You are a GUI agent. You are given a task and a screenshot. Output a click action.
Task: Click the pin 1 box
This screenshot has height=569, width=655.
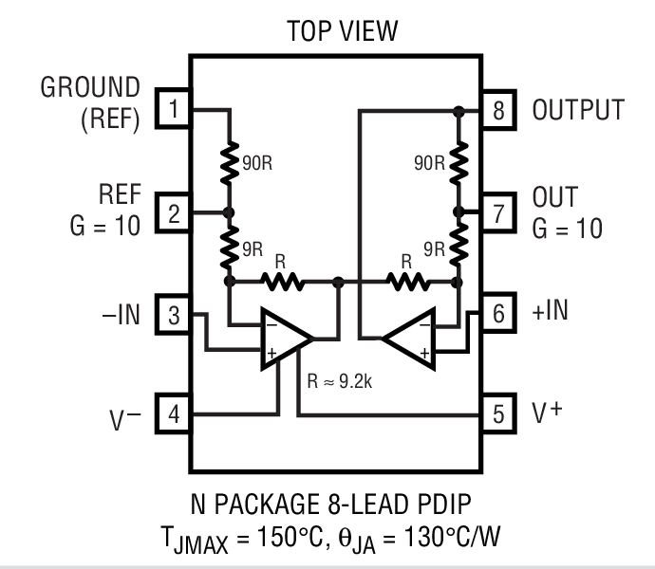coord(173,110)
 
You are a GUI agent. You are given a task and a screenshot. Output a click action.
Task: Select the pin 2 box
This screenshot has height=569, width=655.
coord(173,212)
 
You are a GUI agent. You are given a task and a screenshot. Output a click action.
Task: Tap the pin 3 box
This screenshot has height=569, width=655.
coord(173,315)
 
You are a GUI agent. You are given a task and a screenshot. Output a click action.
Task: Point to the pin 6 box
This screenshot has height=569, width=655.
coord(498,315)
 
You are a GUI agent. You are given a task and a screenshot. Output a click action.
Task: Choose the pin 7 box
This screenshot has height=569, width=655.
coord(498,212)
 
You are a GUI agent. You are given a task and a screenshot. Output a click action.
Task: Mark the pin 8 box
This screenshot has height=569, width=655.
coord(498,110)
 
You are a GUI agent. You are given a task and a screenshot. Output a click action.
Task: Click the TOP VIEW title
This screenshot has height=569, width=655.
coord(342,31)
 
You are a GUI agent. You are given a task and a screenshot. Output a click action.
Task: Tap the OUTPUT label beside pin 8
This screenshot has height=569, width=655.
coord(578,110)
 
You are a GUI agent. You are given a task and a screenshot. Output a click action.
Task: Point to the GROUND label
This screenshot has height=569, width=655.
coord(90,88)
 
